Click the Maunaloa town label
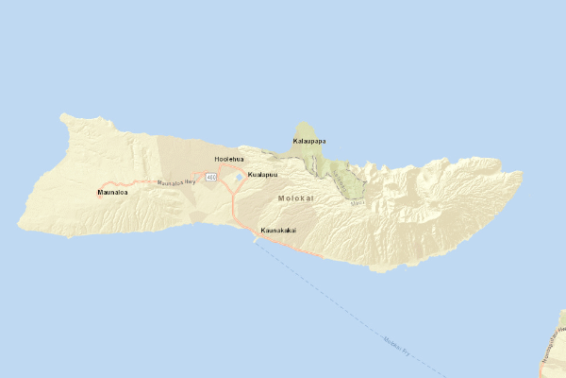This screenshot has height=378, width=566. tap(112, 193)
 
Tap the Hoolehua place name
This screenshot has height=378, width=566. tap(229, 159)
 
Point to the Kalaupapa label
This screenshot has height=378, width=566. tap(309, 141)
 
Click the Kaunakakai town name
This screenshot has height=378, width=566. tap(280, 230)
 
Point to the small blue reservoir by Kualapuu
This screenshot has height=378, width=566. tap(239, 176)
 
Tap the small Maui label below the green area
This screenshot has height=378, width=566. tap(356, 201)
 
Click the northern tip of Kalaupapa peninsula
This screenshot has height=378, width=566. tap(303, 122)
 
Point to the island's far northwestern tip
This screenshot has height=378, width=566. tap(63, 116)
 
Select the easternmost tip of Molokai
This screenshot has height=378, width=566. tap(522, 174)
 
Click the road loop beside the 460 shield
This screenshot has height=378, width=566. tap(225, 175)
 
